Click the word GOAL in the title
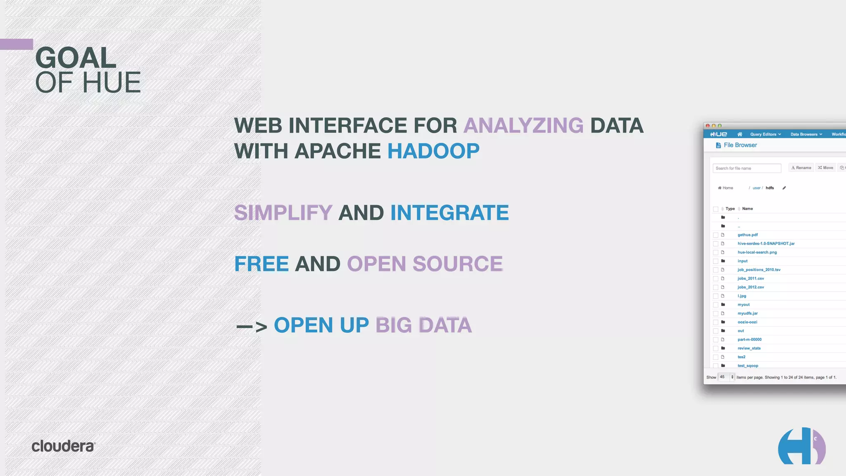pos(76,58)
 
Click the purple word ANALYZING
pos(523,126)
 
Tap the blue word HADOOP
pos(433,151)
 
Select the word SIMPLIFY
pos(283,213)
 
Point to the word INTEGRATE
pos(449,213)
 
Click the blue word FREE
pos(261,264)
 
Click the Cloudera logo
pos(63,446)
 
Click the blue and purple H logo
pos(801,446)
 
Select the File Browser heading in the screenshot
pos(740,145)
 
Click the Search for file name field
pos(746,168)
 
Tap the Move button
pos(825,168)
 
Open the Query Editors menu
pos(765,134)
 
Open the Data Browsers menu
pos(806,134)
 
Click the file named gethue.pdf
pos(748,235)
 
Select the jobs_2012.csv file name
pos(751,287)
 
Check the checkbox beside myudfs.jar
pos(715,314)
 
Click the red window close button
pos(708,126)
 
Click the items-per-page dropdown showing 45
pos(726,377)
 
